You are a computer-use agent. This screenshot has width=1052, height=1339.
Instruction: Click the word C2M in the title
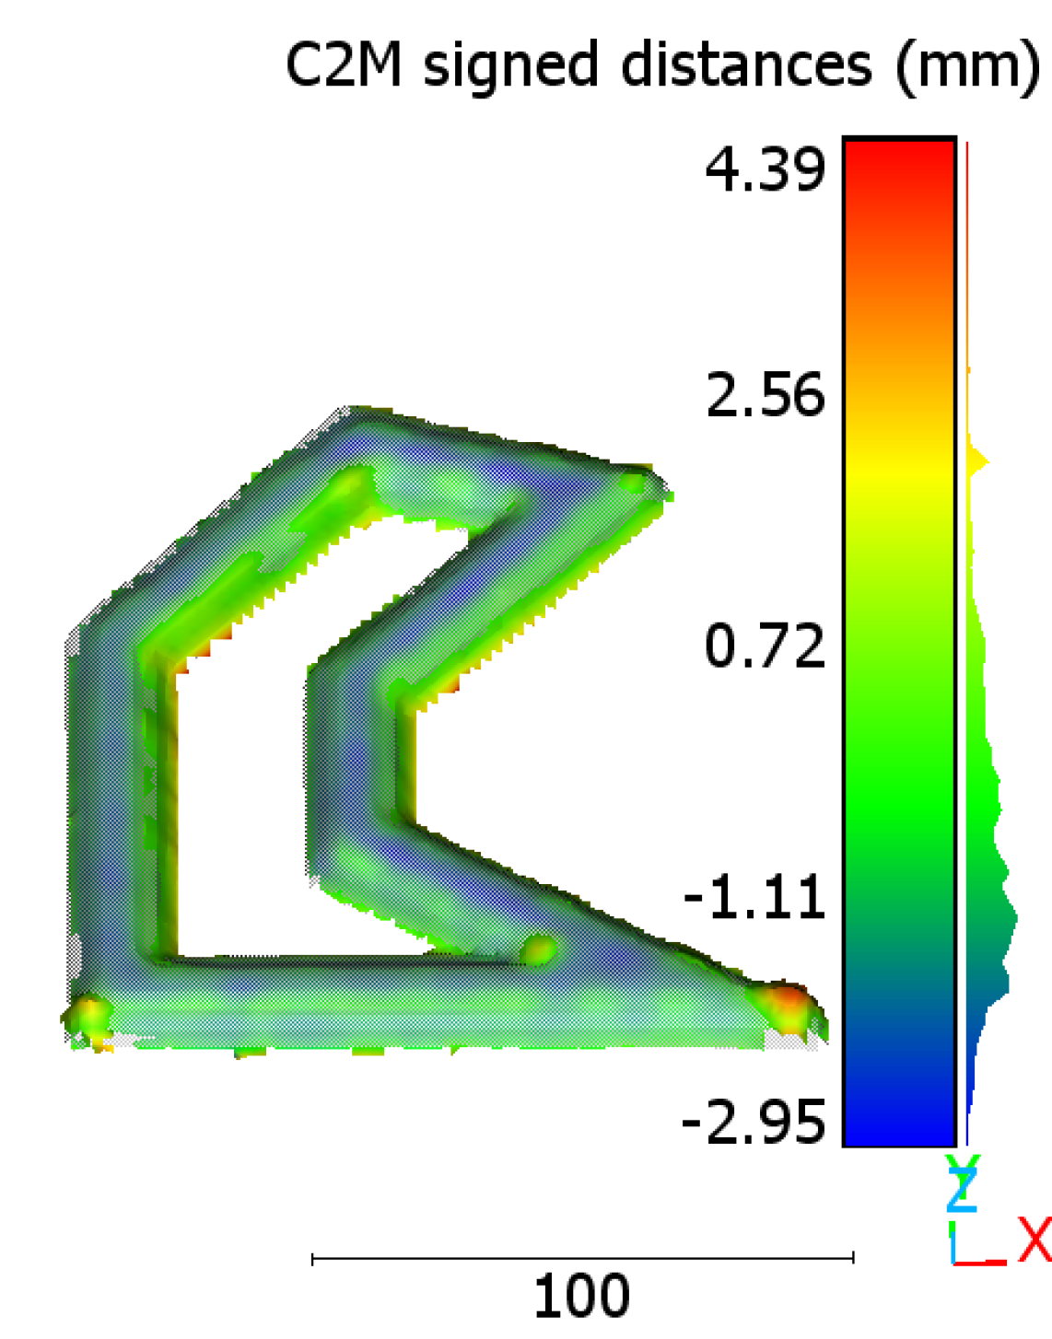point(344,64)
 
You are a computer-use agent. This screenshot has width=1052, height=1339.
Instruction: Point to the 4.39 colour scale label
point(765,170)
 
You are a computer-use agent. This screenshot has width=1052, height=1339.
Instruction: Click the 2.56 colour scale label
point(766,395)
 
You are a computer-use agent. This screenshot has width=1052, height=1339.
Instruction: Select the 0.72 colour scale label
point(765,646)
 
